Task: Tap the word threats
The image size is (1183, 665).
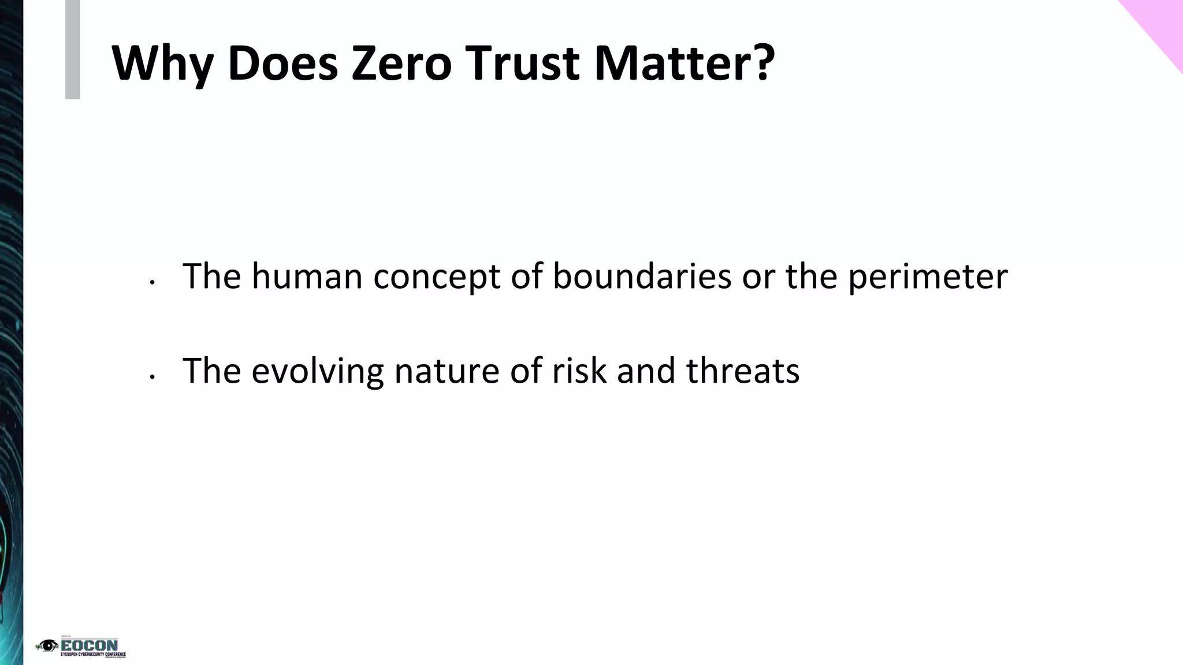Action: pos(743,371)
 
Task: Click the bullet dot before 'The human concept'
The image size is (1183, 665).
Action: pos(151,282)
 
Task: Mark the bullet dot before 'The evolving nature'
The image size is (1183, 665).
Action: pos(151,377)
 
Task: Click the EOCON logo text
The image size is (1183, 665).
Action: pos(90,645)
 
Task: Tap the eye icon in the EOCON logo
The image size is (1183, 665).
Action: pos(47,645)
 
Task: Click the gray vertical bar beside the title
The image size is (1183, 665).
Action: pos(72,49)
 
